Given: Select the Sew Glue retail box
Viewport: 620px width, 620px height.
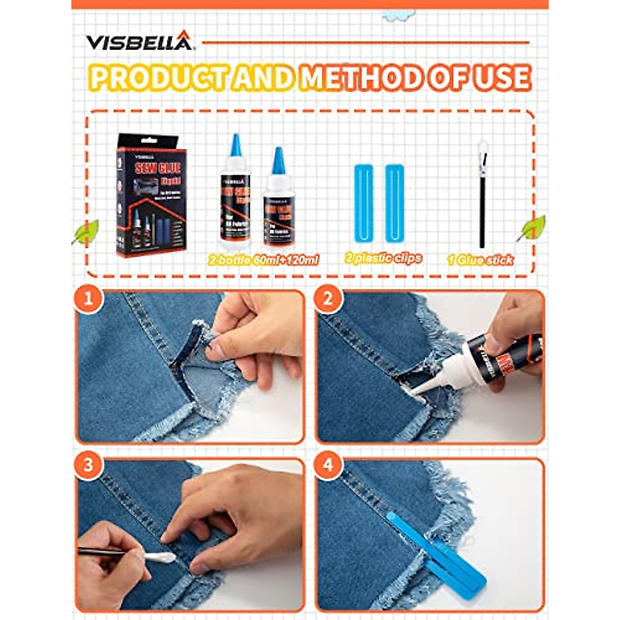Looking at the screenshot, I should point(151,195).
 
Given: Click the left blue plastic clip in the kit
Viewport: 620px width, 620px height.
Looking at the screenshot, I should point(363,203).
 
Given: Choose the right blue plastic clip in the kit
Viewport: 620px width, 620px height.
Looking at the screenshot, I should point(394,203).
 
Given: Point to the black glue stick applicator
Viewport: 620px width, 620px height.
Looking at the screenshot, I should point(483,196).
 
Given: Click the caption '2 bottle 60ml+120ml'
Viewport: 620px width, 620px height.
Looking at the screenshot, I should point(263,259).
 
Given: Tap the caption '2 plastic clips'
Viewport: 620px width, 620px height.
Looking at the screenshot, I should point(383,258).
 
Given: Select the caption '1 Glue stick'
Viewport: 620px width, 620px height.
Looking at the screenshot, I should point(480,260).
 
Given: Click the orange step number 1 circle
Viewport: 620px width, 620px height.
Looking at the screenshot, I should point(88,299).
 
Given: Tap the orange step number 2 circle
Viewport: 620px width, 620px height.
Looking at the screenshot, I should point(328,299).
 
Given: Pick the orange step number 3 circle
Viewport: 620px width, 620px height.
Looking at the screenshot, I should point(88,464).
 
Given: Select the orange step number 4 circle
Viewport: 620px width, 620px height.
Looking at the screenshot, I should point(328,464).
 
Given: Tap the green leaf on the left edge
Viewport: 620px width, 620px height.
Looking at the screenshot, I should point(86,233).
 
